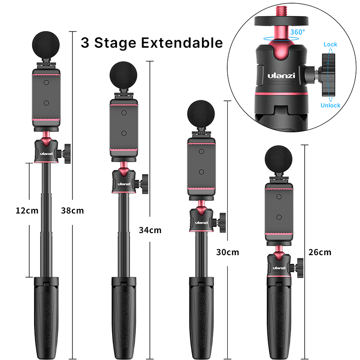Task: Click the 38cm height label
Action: pyautogui.click(x=72, y=210)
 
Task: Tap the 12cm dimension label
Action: pyautogui.click(x=27, y=210)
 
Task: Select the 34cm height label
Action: pyautogui.click(x=150, y=230)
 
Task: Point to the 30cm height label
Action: pyautogui.click(x=227, y=252)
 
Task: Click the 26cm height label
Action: pyautogui.click(x=320, y=252)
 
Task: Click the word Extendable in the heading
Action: pyautogui.click(x=182, y=43)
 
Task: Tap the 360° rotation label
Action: pyautogui.click(x=297, y=32)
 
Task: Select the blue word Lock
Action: pyautogui.click(x=330, y=45)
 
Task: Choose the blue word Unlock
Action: pyautogui.click(x=330, y=105)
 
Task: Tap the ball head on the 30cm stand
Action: pyautogui.click(x=202, y=220)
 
